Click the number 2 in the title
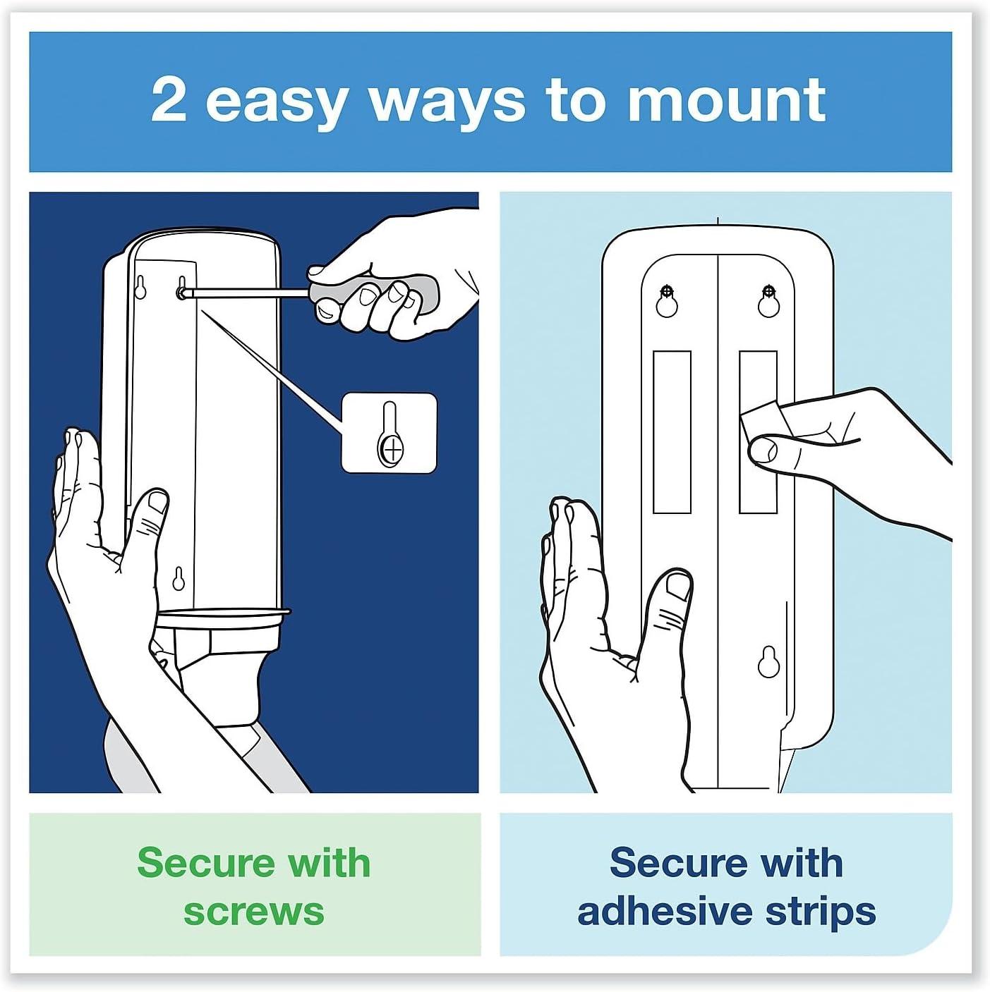pyautogui.click(x=169, y=101)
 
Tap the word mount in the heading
pyautogui.click(x=726, y=101)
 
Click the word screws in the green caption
pyautogui.click(x=254, y=911)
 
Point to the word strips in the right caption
pyautogui.click(x=821, y=911)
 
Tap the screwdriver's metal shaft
pyautogui.click(x=247, y=290)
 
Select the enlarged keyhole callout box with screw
pyautogui.click(x=389, y=433)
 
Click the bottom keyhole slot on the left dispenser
pyautogui.click(x=179, y=579)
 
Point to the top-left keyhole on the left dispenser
pyautogui.click(x=140, y=288)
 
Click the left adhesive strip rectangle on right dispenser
pyautogui.click(x=672, y=431)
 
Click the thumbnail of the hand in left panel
pyautogui.click(x=157, y=502)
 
